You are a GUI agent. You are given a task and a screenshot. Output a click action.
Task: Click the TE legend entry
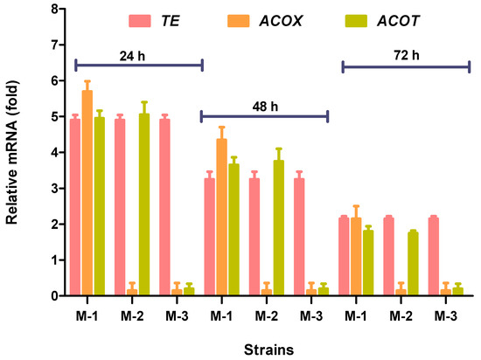click(x=183, y=19)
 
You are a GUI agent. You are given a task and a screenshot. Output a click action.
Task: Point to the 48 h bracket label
click(x=263, y=103)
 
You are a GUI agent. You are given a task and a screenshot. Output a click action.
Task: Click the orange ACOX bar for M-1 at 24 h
click(x=87, y=193)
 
